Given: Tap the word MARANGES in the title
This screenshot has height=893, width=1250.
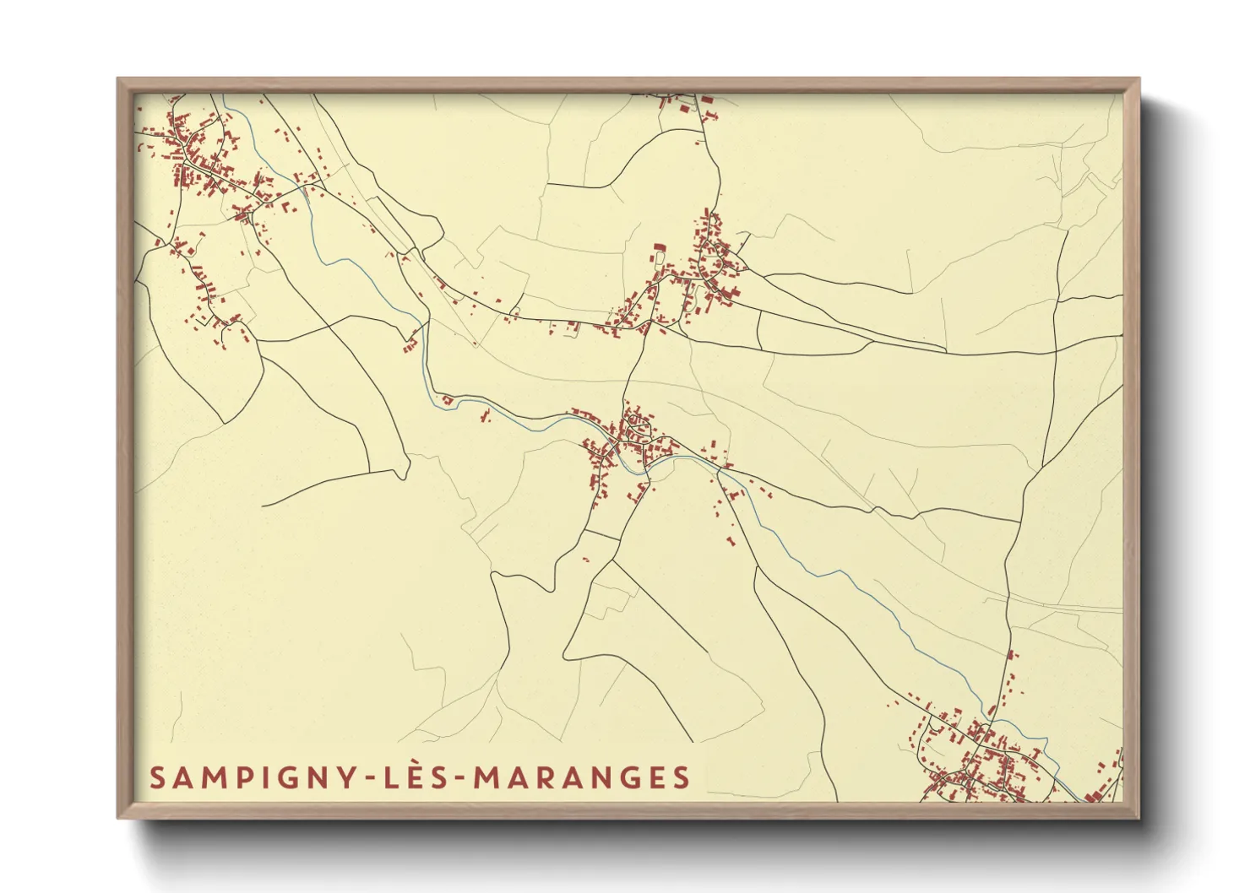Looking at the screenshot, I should (x=581, y=777).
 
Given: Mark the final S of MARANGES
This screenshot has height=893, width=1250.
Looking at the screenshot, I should (x=681, y=777).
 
